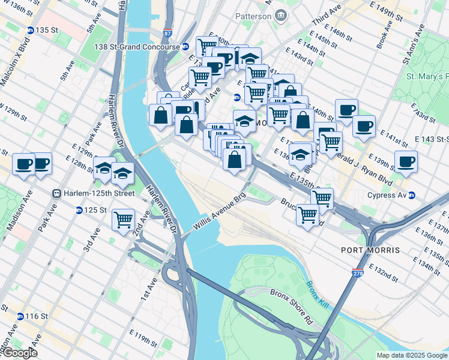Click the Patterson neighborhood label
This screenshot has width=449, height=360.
click(x=253, y=16)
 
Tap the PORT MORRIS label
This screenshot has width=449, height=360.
click(x=366, y=250)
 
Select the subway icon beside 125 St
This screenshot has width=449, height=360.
click(x=79, y=210)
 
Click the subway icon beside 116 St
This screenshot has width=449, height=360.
click(x=20, y=316)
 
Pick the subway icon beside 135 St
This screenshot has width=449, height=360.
click(x=30, y=30)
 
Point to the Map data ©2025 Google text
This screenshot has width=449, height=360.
click(x=411, y=355)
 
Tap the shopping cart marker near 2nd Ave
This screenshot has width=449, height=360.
click(x=123, y=220)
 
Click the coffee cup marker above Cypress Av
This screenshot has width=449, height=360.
click(x=406, y=161)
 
